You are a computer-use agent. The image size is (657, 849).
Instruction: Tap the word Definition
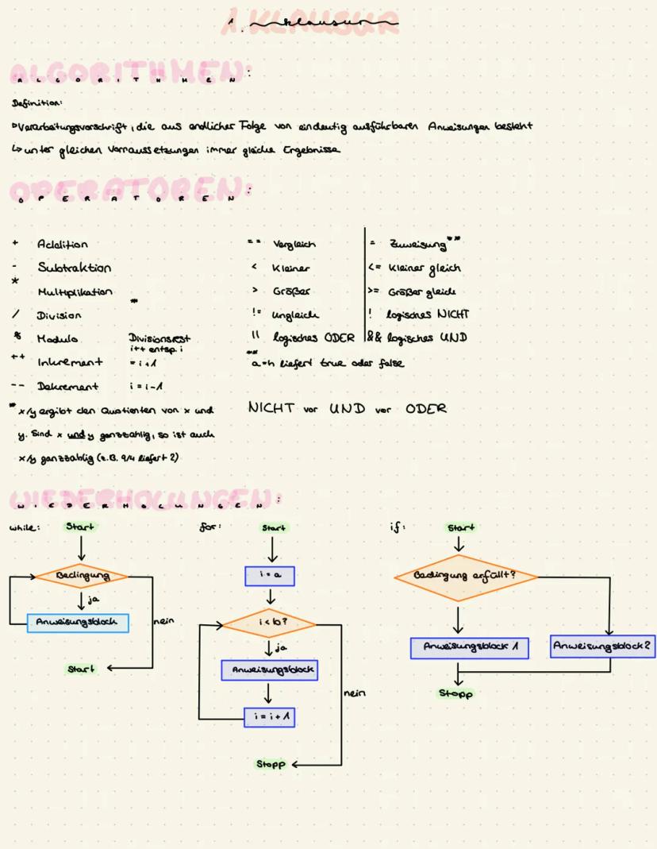pos(29,103)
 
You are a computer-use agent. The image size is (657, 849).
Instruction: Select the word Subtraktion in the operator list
pos(74,268)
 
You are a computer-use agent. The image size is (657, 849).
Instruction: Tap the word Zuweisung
pos(419,244)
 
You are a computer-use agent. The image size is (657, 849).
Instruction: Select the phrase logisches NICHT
pos(428,315)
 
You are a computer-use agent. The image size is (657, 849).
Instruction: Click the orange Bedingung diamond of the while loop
pos(81,575)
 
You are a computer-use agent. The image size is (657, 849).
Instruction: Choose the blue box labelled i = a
pos(270,576)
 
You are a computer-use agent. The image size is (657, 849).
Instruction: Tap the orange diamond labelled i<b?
pos(269,623)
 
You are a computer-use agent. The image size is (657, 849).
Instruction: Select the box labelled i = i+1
pos(269,716)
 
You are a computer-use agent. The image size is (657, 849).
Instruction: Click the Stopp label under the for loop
pos(270,764)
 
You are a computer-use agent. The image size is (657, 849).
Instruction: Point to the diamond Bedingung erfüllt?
pos(466,576)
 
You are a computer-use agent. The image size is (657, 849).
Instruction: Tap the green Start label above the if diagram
pos(460,527)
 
